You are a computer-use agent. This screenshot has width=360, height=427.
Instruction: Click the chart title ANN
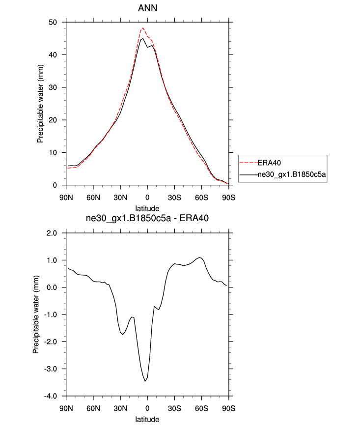point(147,8)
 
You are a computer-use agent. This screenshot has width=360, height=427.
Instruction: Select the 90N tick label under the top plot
point(66,198)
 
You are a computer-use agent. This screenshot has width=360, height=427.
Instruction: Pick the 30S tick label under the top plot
point(174,198)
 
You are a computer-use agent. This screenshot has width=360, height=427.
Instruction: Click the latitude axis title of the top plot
point(147,209)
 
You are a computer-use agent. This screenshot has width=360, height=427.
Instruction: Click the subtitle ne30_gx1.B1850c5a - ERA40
point(147,219)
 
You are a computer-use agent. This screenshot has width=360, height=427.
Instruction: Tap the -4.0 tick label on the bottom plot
point(52,397)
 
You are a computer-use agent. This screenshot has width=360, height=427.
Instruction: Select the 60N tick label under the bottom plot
point(93,409)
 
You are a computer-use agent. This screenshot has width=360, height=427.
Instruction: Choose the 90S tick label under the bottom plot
point(228,409)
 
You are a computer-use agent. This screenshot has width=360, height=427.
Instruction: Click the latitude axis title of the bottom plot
point(147,420)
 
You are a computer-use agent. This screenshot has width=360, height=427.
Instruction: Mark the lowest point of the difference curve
point(145,381)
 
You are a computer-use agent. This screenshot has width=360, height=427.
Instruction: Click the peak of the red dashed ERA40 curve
point(143,28)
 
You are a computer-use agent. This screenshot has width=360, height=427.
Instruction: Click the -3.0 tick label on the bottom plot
point(52,369)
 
